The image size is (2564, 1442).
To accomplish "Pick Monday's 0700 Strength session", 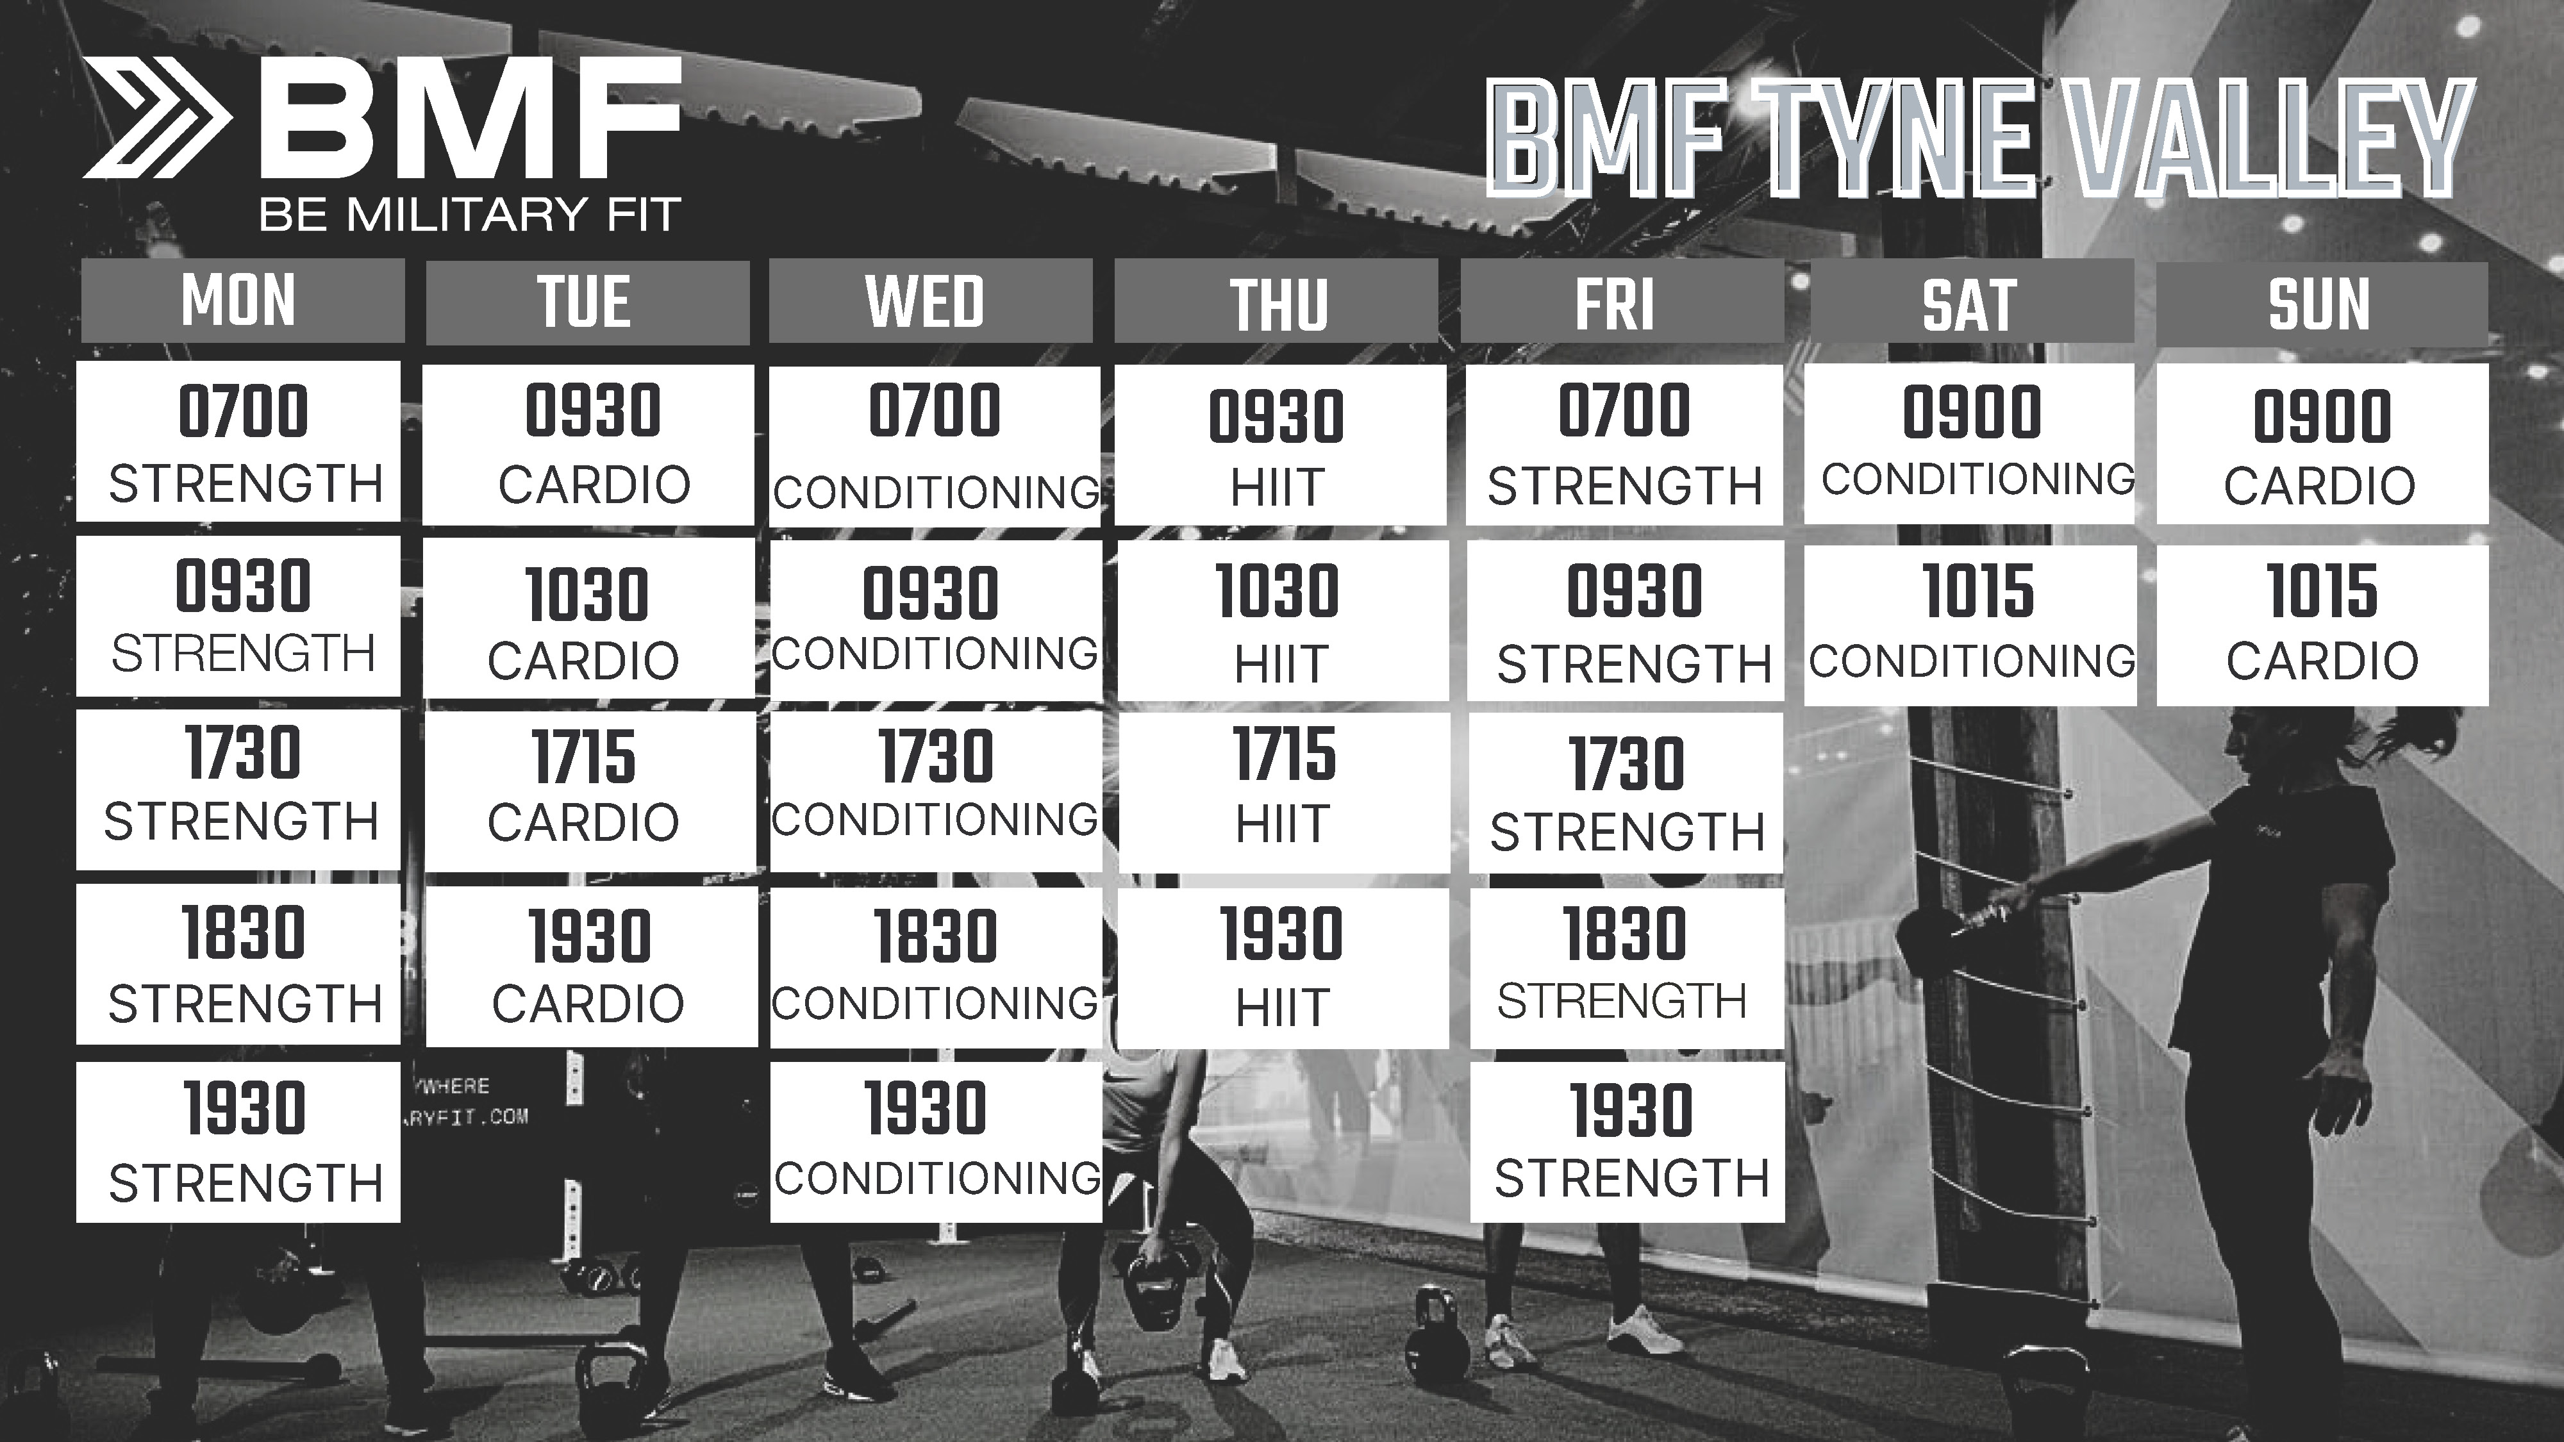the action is pos(239,441).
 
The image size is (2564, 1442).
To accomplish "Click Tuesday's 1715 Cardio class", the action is pos(588,791).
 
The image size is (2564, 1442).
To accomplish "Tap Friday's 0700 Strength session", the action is pos(1624,445).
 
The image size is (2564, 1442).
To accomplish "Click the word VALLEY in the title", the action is pos(2260,138).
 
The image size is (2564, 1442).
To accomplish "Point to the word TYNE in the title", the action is pos(1891,138).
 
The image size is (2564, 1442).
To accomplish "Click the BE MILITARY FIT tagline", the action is pos(470,215).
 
